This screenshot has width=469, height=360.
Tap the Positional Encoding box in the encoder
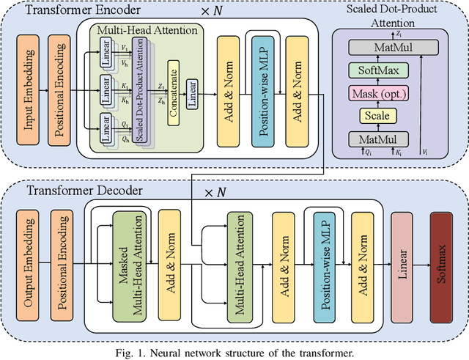click(x=61, y=91)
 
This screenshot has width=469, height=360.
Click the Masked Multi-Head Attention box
click(x=128, y=264)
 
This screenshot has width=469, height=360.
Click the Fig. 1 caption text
click(x=234, y=352)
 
